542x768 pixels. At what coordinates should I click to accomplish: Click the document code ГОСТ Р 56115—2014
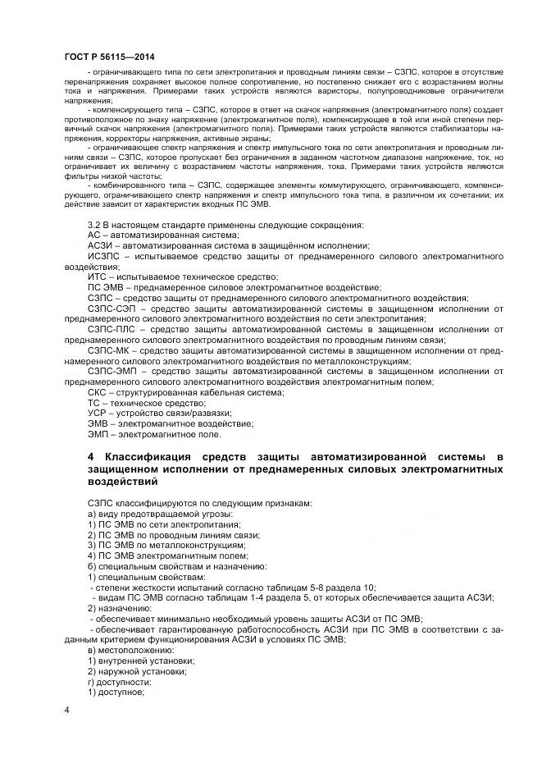click(x=109, y=56)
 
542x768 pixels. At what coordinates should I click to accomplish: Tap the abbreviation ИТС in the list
click(x=96, y=277)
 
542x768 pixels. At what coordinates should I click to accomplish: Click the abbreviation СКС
click(x=97, y=392)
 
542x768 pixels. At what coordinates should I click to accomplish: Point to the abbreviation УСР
click(x=97, y=413)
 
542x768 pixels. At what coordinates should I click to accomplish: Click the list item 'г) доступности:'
click(x=120, y=680)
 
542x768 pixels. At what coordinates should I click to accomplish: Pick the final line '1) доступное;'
click(x=116, y=691)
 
